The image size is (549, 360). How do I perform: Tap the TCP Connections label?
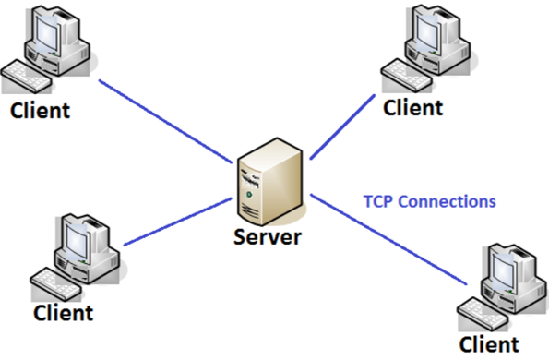[429, 200]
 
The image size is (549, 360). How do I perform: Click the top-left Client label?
[39, 112]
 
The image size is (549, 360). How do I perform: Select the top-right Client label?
[412, 107]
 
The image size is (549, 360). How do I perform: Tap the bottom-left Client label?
[63, 312]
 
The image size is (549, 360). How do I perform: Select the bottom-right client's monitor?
[509, 268]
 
